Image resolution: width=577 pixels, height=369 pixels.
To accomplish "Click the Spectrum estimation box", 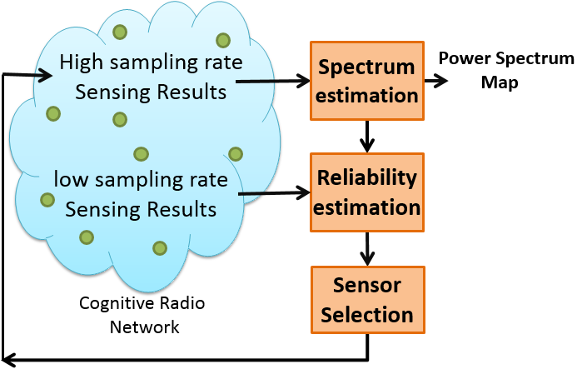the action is tap(367, 81).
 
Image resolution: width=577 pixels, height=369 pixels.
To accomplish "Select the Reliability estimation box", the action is tap(367, 192).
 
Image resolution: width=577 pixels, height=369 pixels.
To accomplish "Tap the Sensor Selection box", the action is tap(368, 300).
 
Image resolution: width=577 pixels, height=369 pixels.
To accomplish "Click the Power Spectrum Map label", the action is tap(506, 70).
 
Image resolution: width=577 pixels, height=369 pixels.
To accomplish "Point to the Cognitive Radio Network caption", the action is tap(142, 315).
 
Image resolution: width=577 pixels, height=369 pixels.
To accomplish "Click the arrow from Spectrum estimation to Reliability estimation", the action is tap(367, 137).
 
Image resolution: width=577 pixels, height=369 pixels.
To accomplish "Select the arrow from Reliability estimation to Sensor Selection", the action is tap(367, 249).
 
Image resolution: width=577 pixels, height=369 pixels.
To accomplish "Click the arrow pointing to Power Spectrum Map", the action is tap(436, 81).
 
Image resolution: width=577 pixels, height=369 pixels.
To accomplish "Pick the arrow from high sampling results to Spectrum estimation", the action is tap(272, 81).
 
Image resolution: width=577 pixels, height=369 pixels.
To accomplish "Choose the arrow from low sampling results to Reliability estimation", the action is tap(275, 193).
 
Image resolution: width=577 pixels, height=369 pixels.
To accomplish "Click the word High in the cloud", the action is tap(82, 62).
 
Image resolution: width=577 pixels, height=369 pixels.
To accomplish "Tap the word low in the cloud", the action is tap(71, 179).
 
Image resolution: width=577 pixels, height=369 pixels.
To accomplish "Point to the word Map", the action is tap(500, 82).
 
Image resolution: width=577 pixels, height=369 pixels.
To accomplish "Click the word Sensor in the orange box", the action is tap(367, 285).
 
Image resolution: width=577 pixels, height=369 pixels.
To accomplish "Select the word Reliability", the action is tap(367, 179).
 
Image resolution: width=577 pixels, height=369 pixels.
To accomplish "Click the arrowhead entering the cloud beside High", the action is tap(44, 76).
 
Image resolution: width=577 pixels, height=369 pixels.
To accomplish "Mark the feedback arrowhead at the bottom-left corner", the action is tap(8, 359).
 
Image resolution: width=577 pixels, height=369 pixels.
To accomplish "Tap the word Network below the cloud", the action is tap(145, 327).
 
